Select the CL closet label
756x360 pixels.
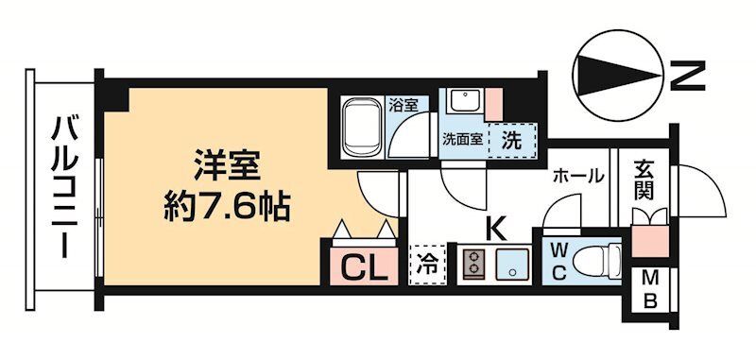point(363,267)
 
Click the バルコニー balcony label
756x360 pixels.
point(64,185)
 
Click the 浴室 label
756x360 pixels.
point(404,104)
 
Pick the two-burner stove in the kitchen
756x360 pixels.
point(474,264)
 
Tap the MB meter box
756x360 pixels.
point(651,291)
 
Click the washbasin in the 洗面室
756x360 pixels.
point(464,102)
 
